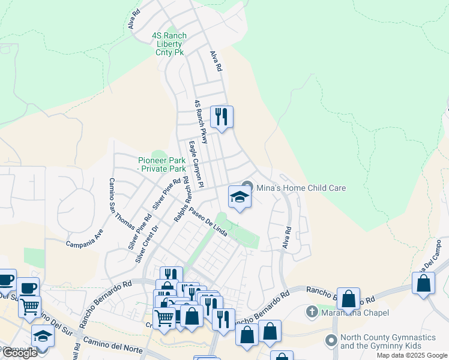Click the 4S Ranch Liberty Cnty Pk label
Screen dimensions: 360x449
[169, 44]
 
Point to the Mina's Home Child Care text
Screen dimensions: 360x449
[301, 188]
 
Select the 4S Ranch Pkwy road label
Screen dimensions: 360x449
[200, 122]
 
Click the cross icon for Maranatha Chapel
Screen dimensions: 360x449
[312, 312]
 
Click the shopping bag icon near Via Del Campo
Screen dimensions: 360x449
[424, 284]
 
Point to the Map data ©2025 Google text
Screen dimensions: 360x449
[411, 355]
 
